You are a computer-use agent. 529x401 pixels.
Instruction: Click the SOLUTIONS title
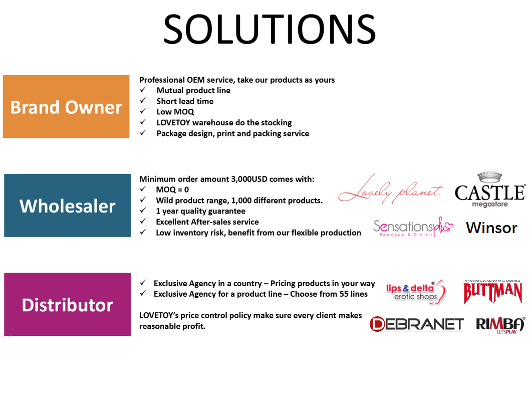pyautogui.click(x=269, y=30)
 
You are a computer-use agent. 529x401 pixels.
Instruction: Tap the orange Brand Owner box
pyautogui.click(x=66, y=106)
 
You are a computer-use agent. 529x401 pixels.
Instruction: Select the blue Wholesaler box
pyautogui.click(x=67, y=205)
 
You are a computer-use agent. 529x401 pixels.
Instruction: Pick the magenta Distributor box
pyautogui.click(x=67, y=304)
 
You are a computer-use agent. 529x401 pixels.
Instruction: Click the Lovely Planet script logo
pyautogui.click(x=391, y=189)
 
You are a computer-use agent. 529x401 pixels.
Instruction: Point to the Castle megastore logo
pyautogui.click(x=490, y=189)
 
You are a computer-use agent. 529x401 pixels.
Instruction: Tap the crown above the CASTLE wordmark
pyautogui.click(x=489, y=176)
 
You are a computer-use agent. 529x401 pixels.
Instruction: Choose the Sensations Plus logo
pyautogui.click(x=413, y=227)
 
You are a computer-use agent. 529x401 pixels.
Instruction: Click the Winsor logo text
pyautogui.click(x=491, y=228)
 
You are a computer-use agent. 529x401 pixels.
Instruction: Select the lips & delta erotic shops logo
pyautogui.click(x=416, y=292)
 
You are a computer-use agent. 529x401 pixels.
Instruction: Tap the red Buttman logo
pyautogui.click(x=493, y=292)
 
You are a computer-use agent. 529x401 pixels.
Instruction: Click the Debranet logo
pyautogui.click(x=417, y=324)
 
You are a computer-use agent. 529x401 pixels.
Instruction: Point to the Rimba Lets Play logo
pyautogui.click(x=500, y=325)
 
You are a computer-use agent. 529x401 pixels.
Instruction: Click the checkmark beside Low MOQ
pyautogui.click(x=143, y=111)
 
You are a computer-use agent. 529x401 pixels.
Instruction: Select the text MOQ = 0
pyautogui.click(x=172, y=189)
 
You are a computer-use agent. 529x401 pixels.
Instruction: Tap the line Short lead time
pyautogui.click(x=185, y=101)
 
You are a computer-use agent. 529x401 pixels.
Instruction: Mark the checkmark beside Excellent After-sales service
pyautogui.click(x=143, y=221)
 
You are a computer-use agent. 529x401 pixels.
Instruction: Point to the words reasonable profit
pyautogui.click(x=172, y=326)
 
